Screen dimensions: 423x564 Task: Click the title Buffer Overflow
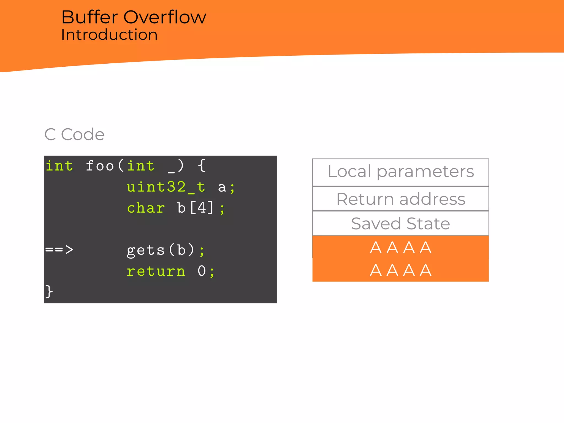134,17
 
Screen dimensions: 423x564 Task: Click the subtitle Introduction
109,35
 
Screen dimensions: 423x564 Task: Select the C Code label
74,134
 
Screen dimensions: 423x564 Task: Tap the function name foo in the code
100,166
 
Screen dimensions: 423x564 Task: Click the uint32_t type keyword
166,187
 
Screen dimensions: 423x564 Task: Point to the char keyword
146,208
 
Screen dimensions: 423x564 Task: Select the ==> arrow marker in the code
59,250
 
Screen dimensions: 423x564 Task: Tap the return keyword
156,271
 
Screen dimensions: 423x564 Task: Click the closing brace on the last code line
49,291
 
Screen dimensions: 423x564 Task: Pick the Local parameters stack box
400,172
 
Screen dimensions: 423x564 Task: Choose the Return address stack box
400,199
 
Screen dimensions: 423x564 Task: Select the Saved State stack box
400,223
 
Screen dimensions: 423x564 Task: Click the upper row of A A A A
400,247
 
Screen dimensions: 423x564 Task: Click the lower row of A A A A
400,270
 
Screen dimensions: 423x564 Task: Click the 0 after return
202,271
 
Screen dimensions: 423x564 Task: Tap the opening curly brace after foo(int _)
202,166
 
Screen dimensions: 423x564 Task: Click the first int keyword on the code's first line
59,166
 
